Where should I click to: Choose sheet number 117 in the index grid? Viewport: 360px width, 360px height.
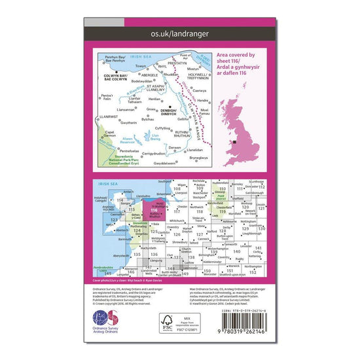[x=177, y=211]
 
